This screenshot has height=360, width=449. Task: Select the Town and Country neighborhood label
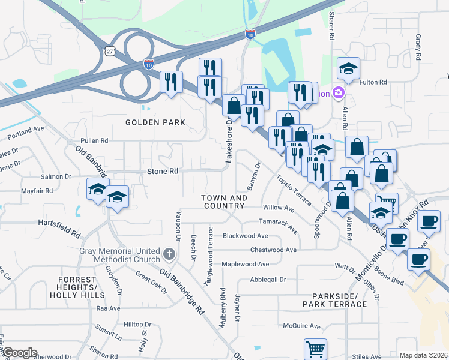pyautogui.click(x=224, y=202)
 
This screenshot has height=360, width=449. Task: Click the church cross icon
pyautogui.click(x=169, y=254)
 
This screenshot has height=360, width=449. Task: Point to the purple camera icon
pyautogui.click(x=339, y=93)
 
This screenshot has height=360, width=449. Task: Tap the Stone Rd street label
pyautogui.click(x=163, y=171)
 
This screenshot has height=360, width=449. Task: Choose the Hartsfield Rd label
pyautogui.click(x=59, y=221)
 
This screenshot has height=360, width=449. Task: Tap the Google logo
pyautogui.click(x=19, y=353)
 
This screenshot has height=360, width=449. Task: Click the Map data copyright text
pyautogui.click(x=423, y=355)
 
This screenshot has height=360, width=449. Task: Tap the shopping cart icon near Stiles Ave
pyautogui.click(x=315, y=348)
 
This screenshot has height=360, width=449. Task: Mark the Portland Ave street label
pyautogui.click(x=25, y=130)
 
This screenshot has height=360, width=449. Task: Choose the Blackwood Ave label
pyautogui.click(x=243, y=236)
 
